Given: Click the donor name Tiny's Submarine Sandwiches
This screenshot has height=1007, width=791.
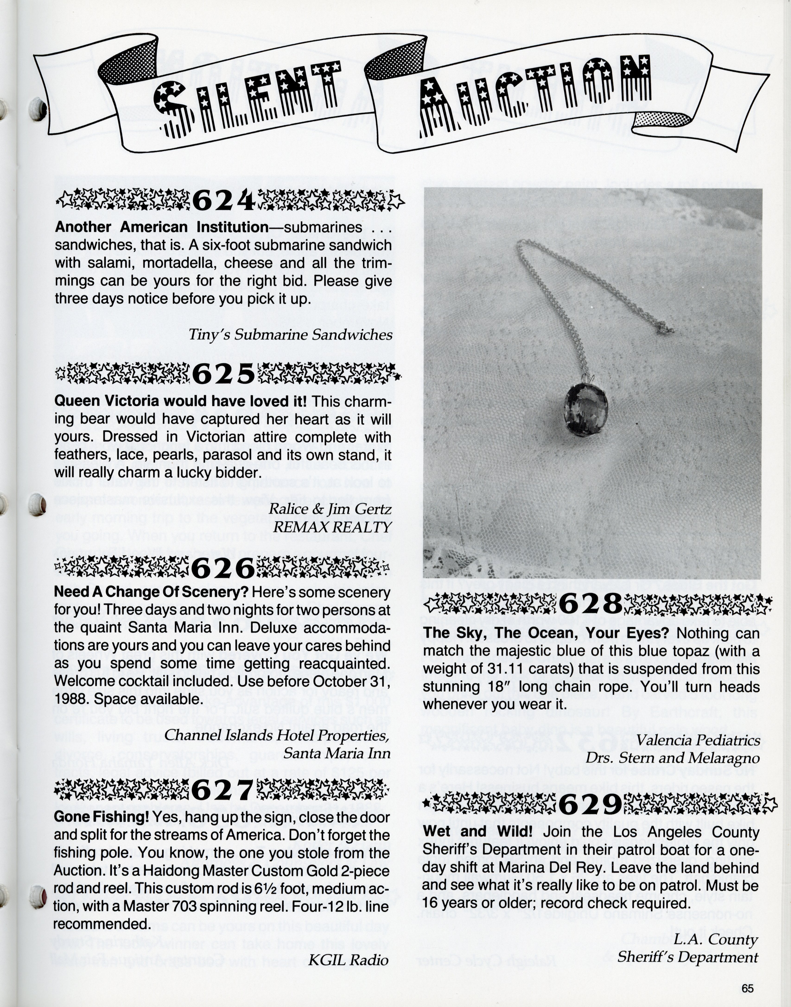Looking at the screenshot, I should pos(290,335).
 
